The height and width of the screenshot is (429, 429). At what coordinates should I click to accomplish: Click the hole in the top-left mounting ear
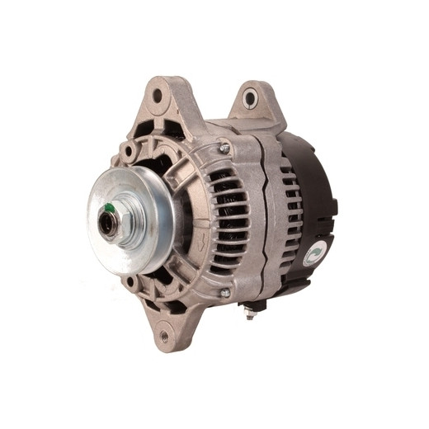(x=158, y=96)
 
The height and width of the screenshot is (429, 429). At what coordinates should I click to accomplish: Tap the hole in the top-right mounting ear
(x=249, y=100)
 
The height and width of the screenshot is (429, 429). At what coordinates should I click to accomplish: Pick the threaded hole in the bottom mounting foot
(x=163, y=336)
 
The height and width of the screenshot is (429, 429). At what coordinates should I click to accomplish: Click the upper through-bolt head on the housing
(x=224, y=148)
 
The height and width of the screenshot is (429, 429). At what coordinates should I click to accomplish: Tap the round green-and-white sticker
(x=314, y=255)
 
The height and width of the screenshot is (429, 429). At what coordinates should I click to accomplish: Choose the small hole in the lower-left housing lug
(x=130, y=282)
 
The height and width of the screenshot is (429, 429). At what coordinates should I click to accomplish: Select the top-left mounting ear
(x=165, y=103)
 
